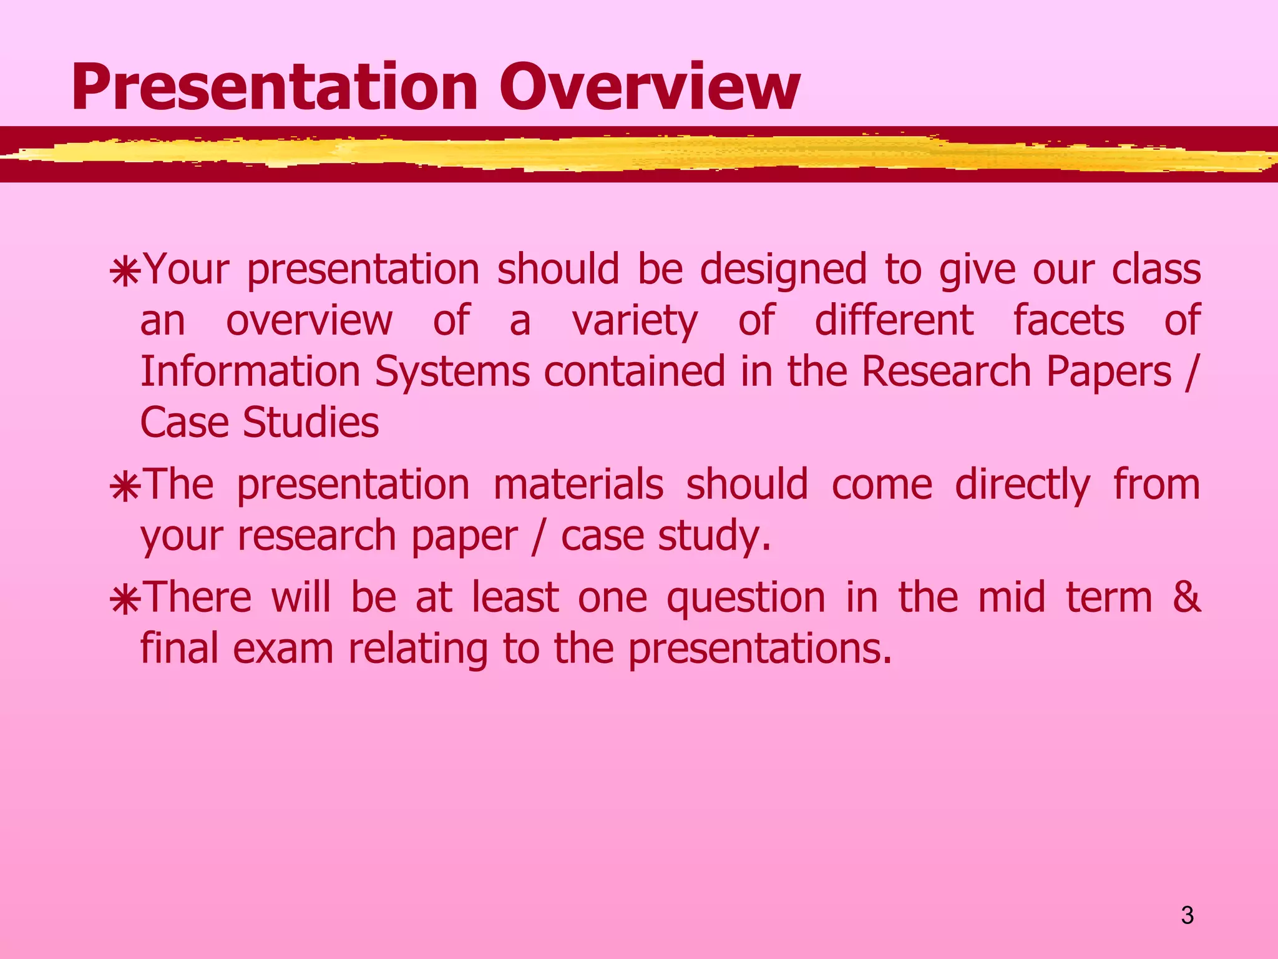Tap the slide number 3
click(x=1187, y=916)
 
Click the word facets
click(x=1068, y=320)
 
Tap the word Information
click(x=250, y=371)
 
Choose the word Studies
click(x=311, y=423)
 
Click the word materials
click(x=578, y=484)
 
